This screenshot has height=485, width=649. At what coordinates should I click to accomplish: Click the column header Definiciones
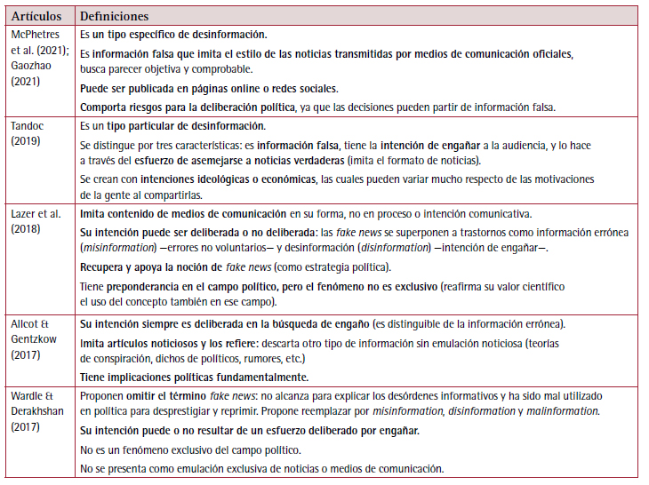coord(114,16)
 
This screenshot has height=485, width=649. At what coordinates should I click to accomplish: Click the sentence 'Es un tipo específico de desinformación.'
coord(173,36)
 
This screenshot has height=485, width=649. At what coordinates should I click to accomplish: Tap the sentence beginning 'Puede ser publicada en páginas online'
coord(209,89)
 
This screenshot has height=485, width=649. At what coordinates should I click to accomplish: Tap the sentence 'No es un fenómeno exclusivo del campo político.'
coord(194,450)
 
